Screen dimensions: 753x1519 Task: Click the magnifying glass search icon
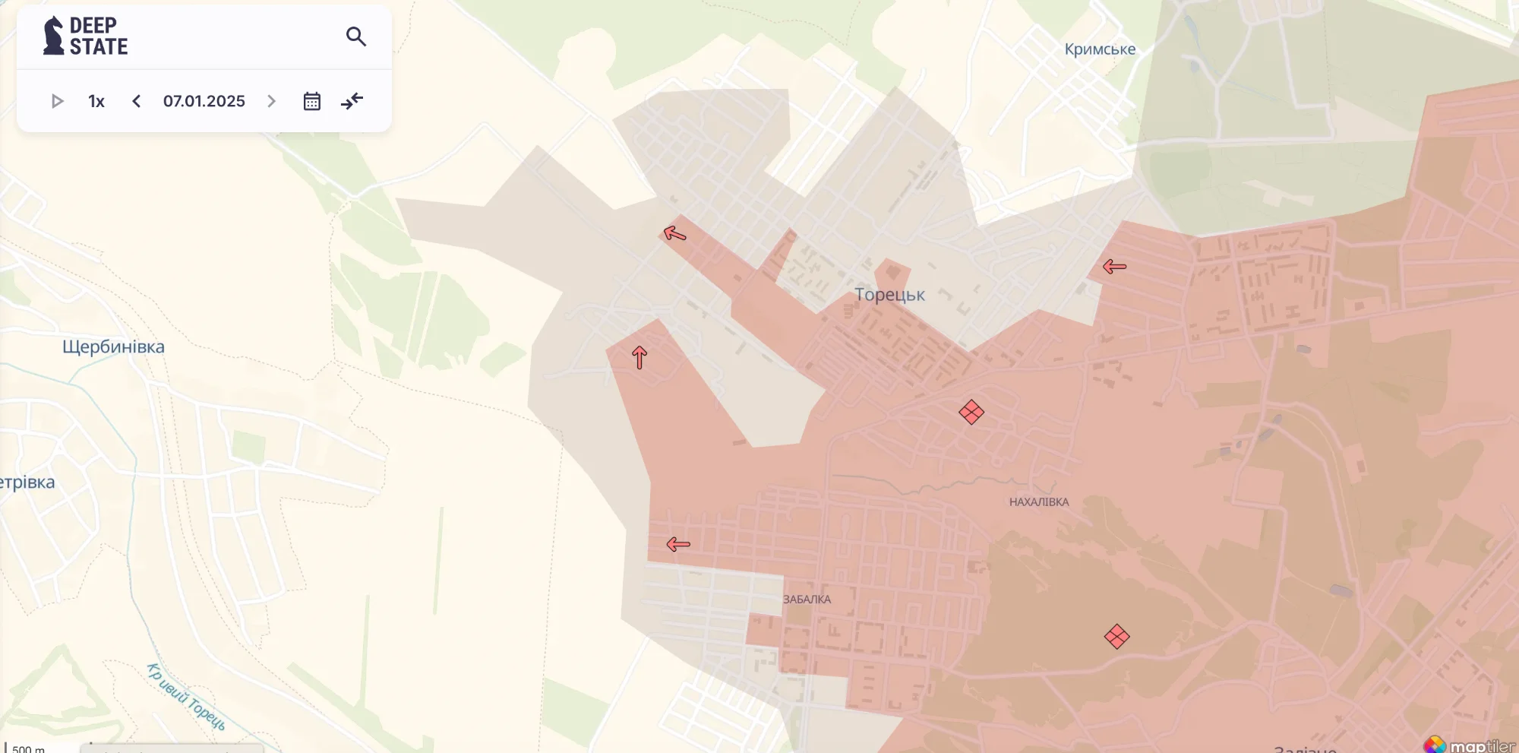tap(356, 36)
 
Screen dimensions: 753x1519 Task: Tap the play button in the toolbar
tap(57, 101)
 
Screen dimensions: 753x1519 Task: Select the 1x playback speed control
tap(96, 101)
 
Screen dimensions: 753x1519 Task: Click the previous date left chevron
tap(137, 101)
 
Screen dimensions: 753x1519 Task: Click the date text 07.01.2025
tap(204, 101)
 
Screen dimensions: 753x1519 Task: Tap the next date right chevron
tap(271, 101)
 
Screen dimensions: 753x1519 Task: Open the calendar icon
tap(312, 101)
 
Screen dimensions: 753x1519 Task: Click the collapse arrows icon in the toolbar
tap(352, 101)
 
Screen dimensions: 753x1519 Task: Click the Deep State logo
tap(85, 36)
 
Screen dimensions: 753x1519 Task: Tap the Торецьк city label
tap(889, 295)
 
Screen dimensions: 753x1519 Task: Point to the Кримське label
tap(1100, 49)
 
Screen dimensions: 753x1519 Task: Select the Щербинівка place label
tap(113, 347)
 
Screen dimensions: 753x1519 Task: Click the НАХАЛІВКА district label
tap(1038, 502)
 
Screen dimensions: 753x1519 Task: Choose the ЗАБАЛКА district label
tap(807, 600)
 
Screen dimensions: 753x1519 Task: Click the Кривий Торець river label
tap(186, 697)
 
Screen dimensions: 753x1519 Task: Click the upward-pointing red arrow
tap(639, 357)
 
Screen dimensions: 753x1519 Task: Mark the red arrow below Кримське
tap(1114, 266)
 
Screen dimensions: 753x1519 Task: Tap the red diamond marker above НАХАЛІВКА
tap(971, 413)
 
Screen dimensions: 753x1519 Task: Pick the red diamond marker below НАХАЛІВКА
tap(1116, 636)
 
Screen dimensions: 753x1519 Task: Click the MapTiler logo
tap(1470, 745)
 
